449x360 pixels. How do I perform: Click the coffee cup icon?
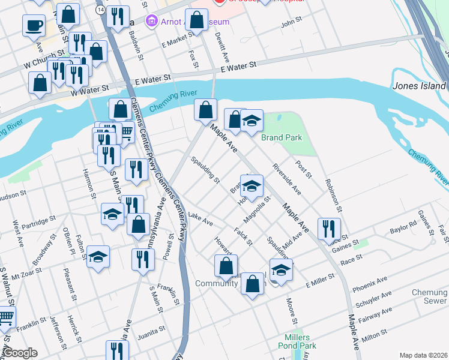tap(34, 25)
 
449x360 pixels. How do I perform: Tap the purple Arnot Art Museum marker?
tap(151, 22)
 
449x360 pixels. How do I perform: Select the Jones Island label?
tap(420, 86)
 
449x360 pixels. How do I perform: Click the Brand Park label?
tap(281, 137)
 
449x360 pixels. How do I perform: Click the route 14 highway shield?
tap(99, 10)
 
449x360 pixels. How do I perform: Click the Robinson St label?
tap(333, 196)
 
